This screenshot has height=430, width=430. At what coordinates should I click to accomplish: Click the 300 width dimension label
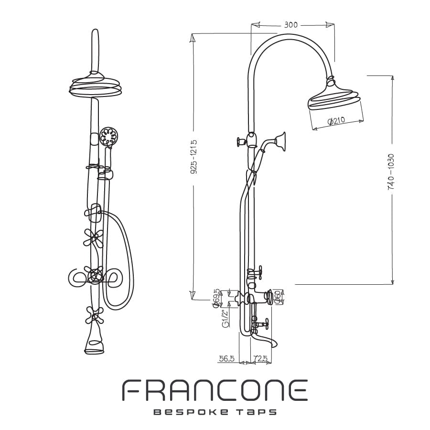click(x=290, y=25)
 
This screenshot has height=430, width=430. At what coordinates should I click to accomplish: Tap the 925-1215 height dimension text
click(x=194, y=157)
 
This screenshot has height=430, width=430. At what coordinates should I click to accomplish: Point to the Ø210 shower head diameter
click(x=336, y=121)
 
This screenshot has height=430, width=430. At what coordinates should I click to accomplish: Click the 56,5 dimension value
click(x=226, y=358)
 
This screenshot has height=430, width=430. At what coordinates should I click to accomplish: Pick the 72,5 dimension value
click(x=260, y=358)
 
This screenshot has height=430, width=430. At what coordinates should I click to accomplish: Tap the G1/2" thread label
click(x=225, y=318)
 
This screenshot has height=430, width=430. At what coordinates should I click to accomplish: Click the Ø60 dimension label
click(x=278, y=298)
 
